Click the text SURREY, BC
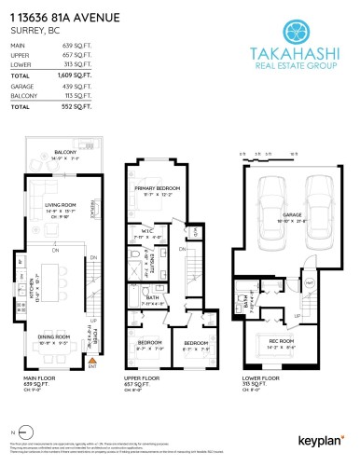click(x=31, y=29)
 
